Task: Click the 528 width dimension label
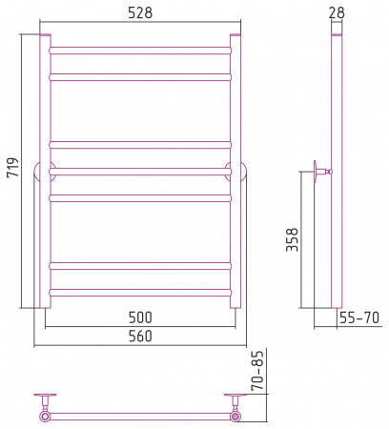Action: point(140,12)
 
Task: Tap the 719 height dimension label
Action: point(13,167)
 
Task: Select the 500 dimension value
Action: point(140,317)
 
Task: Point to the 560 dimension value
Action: point(140,336)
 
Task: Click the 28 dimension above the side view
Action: point(337,12)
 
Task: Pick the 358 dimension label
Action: point(292,239)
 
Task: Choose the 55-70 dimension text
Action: point(359,317)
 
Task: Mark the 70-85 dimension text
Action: point(257,371)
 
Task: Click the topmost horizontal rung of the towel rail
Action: point(140,51)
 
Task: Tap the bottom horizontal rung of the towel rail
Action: point(140,293)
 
